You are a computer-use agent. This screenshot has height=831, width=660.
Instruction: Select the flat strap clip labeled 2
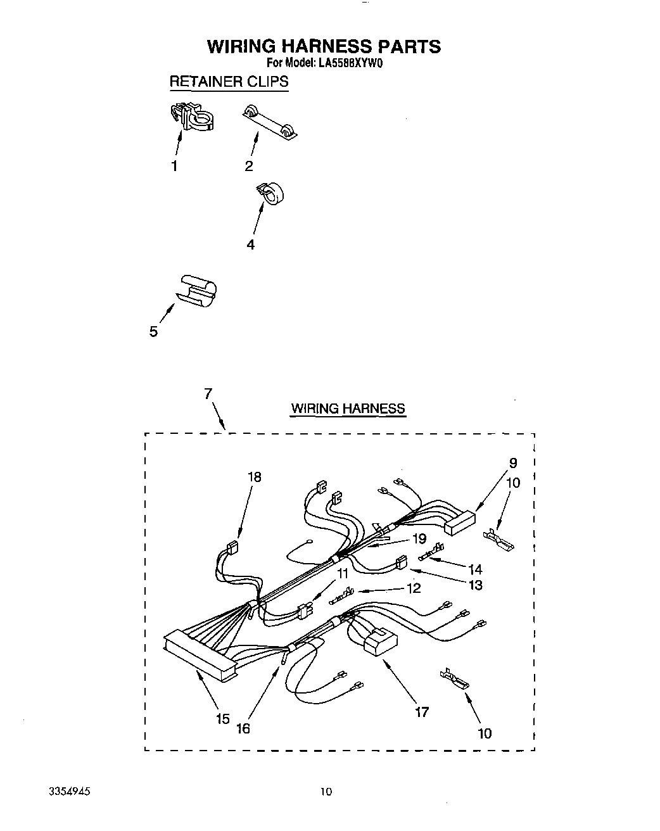coord(272,122)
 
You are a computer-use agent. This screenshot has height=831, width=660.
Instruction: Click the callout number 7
coord(208,393)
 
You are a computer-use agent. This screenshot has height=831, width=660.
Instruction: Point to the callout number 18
coord(254,477)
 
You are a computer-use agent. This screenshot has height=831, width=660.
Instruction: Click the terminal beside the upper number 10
coord(499,540)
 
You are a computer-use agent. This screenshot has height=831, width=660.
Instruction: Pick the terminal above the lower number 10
coord(455,679)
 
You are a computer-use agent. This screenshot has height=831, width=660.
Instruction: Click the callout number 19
coord(419,540)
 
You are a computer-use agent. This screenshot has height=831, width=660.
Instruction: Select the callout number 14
coord(475,569)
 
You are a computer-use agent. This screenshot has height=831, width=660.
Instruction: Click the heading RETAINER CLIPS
coord(229,82)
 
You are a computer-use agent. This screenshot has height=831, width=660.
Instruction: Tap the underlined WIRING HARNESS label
coord(348,409)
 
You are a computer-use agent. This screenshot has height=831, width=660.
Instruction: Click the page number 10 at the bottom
coord(326,791)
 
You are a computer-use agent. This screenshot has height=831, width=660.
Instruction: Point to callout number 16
coord(243,728)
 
